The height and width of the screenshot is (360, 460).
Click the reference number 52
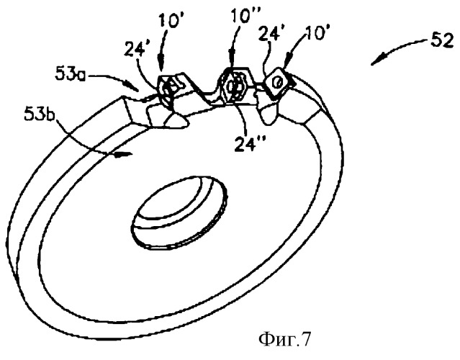(x=442, y=42)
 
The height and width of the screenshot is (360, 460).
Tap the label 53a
(x=71, y=75)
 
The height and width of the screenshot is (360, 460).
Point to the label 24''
(x=248, y=144)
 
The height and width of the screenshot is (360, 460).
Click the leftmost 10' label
(x=169, y=21)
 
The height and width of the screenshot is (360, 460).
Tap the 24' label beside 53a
(x=135, y=49)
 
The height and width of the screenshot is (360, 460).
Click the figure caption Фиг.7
(x=284, y=339)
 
